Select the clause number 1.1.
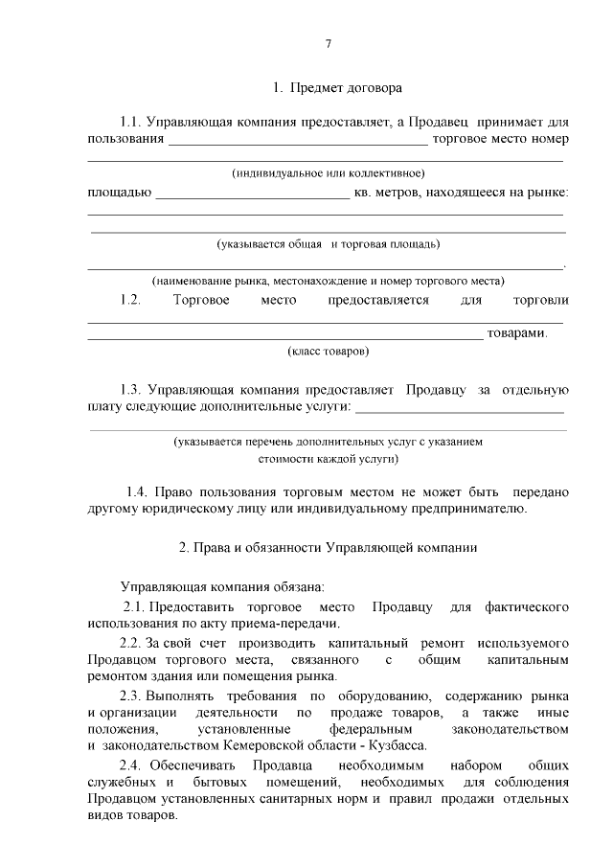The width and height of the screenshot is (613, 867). (130, 122)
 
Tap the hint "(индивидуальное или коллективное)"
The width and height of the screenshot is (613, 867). (329, 173)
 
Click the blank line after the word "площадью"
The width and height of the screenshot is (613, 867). (252, 196)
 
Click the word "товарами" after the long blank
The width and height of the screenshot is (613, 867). (516, 333)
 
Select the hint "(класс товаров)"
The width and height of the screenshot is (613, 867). (329, 352)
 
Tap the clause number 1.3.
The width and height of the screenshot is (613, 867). (130, 390)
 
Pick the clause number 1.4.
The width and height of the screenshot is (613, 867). (140, 491)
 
